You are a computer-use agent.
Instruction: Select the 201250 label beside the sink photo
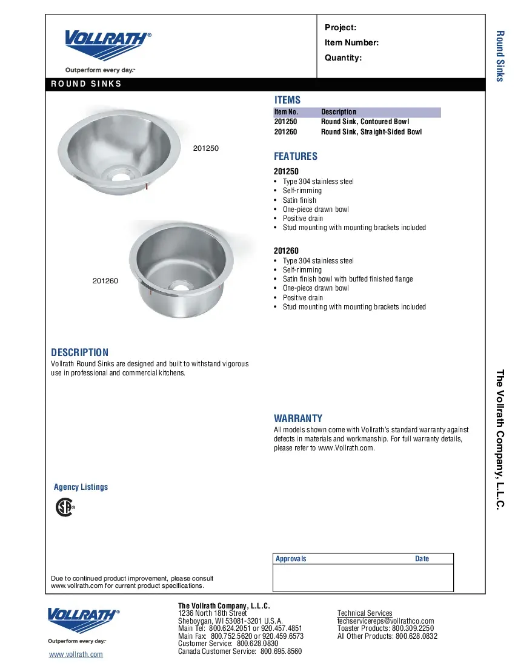click(x=205, y=148)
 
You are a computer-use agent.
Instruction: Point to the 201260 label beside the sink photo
click(x=105, y=281)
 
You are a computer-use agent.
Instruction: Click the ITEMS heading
click(x=287, y=100)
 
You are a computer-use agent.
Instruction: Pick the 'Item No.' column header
click(x=286, y=112)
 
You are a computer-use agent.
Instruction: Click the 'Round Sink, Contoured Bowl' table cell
click(x=365, y=122)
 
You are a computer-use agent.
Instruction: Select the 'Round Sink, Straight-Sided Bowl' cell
click(x=371, y=131)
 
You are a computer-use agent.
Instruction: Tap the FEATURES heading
click(x=296, y=156)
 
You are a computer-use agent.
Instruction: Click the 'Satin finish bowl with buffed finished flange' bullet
click(x=347, y=279)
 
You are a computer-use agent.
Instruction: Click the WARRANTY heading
click(x=298, y=418)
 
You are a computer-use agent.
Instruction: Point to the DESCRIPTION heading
click(x=80, y=352)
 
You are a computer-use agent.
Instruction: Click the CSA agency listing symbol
click(x=65, y=507)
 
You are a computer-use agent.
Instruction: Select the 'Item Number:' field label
click(x=351, y=42)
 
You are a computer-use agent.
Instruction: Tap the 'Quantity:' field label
click(x=343, y=58)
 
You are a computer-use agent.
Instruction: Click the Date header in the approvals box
click(x=422, y=559)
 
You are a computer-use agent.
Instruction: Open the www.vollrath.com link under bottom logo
click(x=76, y=654)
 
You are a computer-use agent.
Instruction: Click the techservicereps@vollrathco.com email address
click(x=385, y=621)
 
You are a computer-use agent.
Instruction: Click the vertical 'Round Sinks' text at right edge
click(x=500, y=56)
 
